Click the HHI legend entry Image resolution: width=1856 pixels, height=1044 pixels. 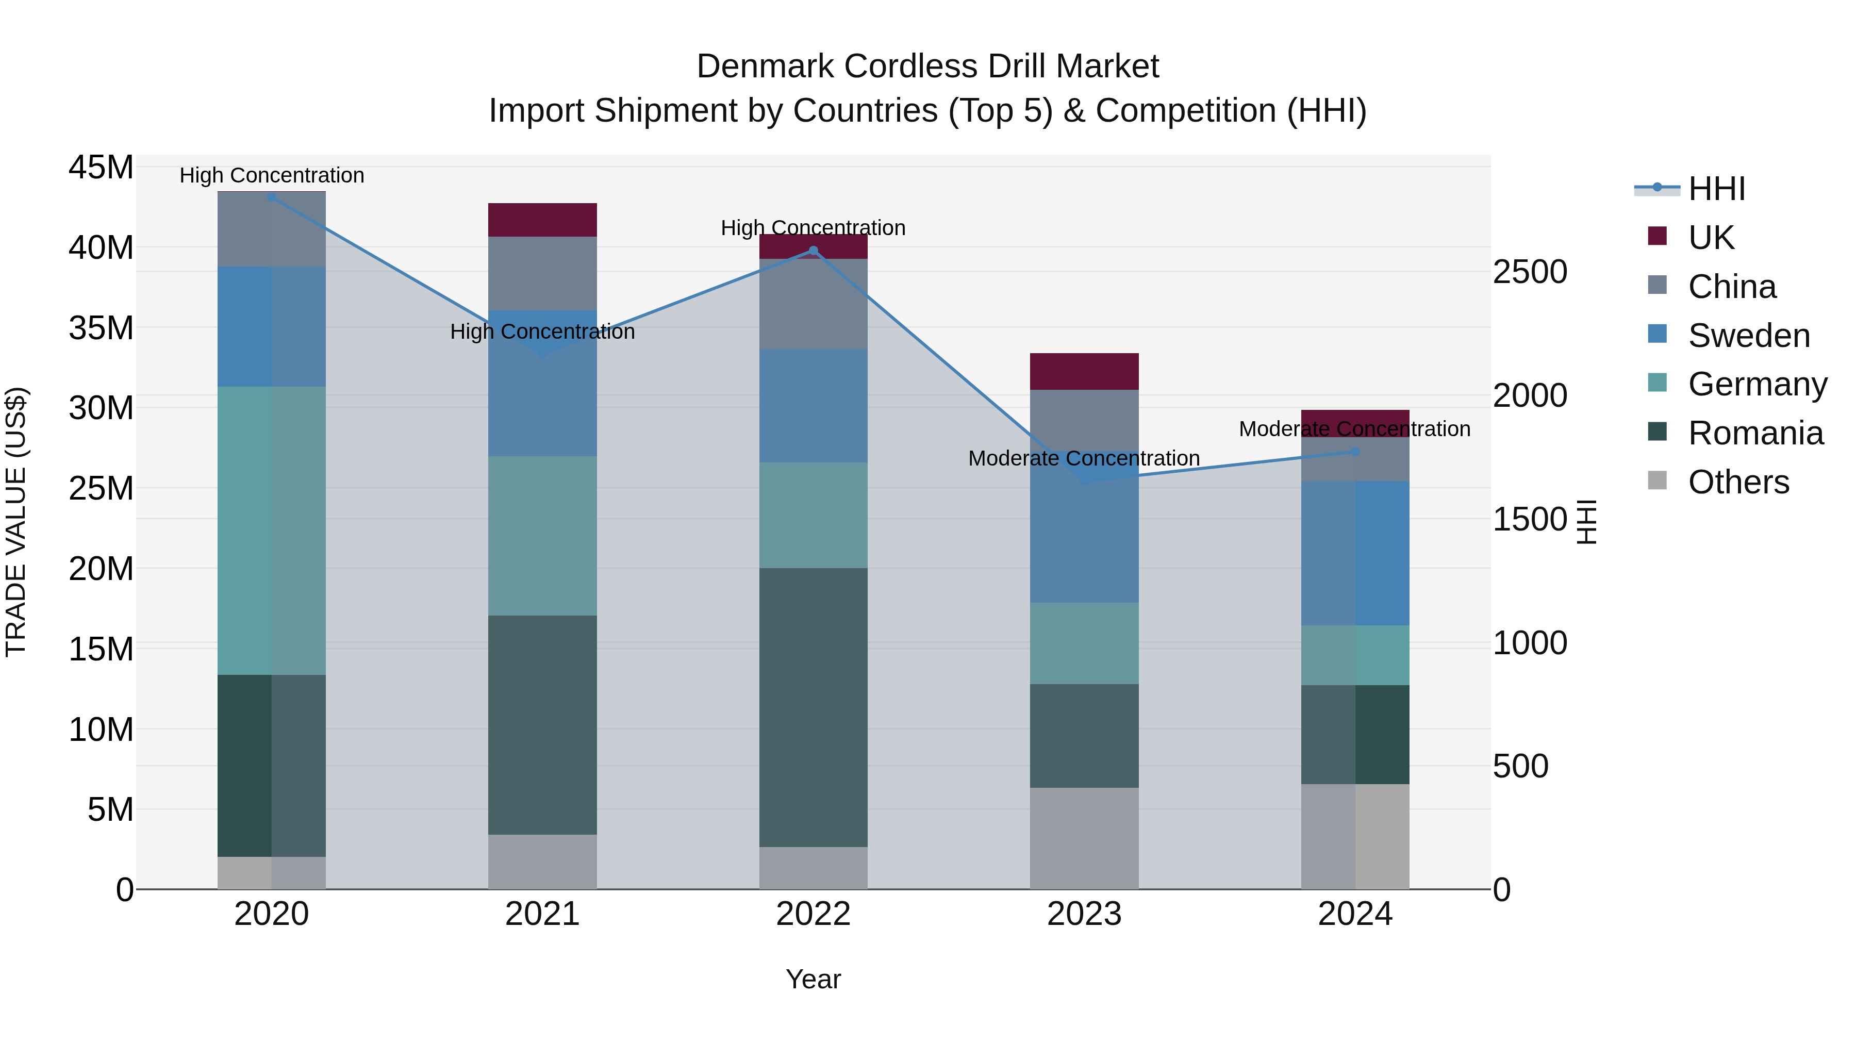tap(1715, 189)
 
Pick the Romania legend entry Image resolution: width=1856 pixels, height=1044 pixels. tap(1755, 433)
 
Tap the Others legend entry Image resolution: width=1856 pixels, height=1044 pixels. tap(1738, 482)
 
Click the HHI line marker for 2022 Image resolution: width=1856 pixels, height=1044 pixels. tap(814, 251)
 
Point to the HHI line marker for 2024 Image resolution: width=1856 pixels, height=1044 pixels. tap(1354, 452)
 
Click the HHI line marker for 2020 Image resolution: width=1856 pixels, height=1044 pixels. tap(272, 197)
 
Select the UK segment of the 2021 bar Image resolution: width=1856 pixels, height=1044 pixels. tap(542, 220)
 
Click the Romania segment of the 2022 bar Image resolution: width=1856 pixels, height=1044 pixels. tap(814, 707)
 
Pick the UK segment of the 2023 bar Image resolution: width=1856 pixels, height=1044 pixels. tap(1084, 371)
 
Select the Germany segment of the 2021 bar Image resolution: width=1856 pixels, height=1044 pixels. tap(542, 535)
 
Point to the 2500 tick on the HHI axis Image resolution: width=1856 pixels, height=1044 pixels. tap(1530, 272)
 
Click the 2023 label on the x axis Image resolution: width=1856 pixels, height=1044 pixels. tap(1084, 914)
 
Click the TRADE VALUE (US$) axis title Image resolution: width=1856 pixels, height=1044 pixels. tap(16, 522)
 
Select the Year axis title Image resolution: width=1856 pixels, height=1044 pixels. tap(814, 979)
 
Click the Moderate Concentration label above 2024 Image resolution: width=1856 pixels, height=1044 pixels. tap(1354, 429)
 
